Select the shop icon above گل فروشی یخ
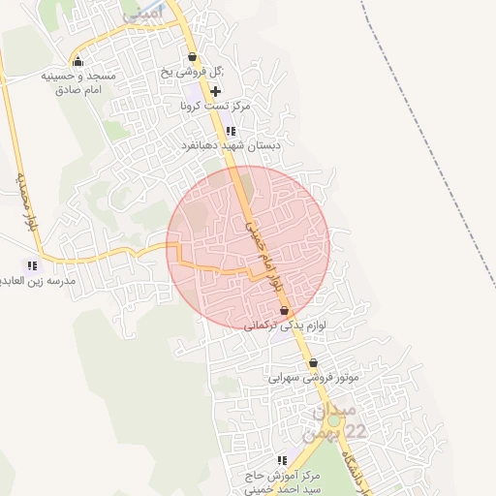point(192,56)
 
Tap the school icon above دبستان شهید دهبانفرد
point(231,131)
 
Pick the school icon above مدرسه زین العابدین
point(32,264)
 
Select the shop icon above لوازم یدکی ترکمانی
point(284,311)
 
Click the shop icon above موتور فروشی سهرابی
point(312,363)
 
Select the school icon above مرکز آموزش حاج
point(282,459)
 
